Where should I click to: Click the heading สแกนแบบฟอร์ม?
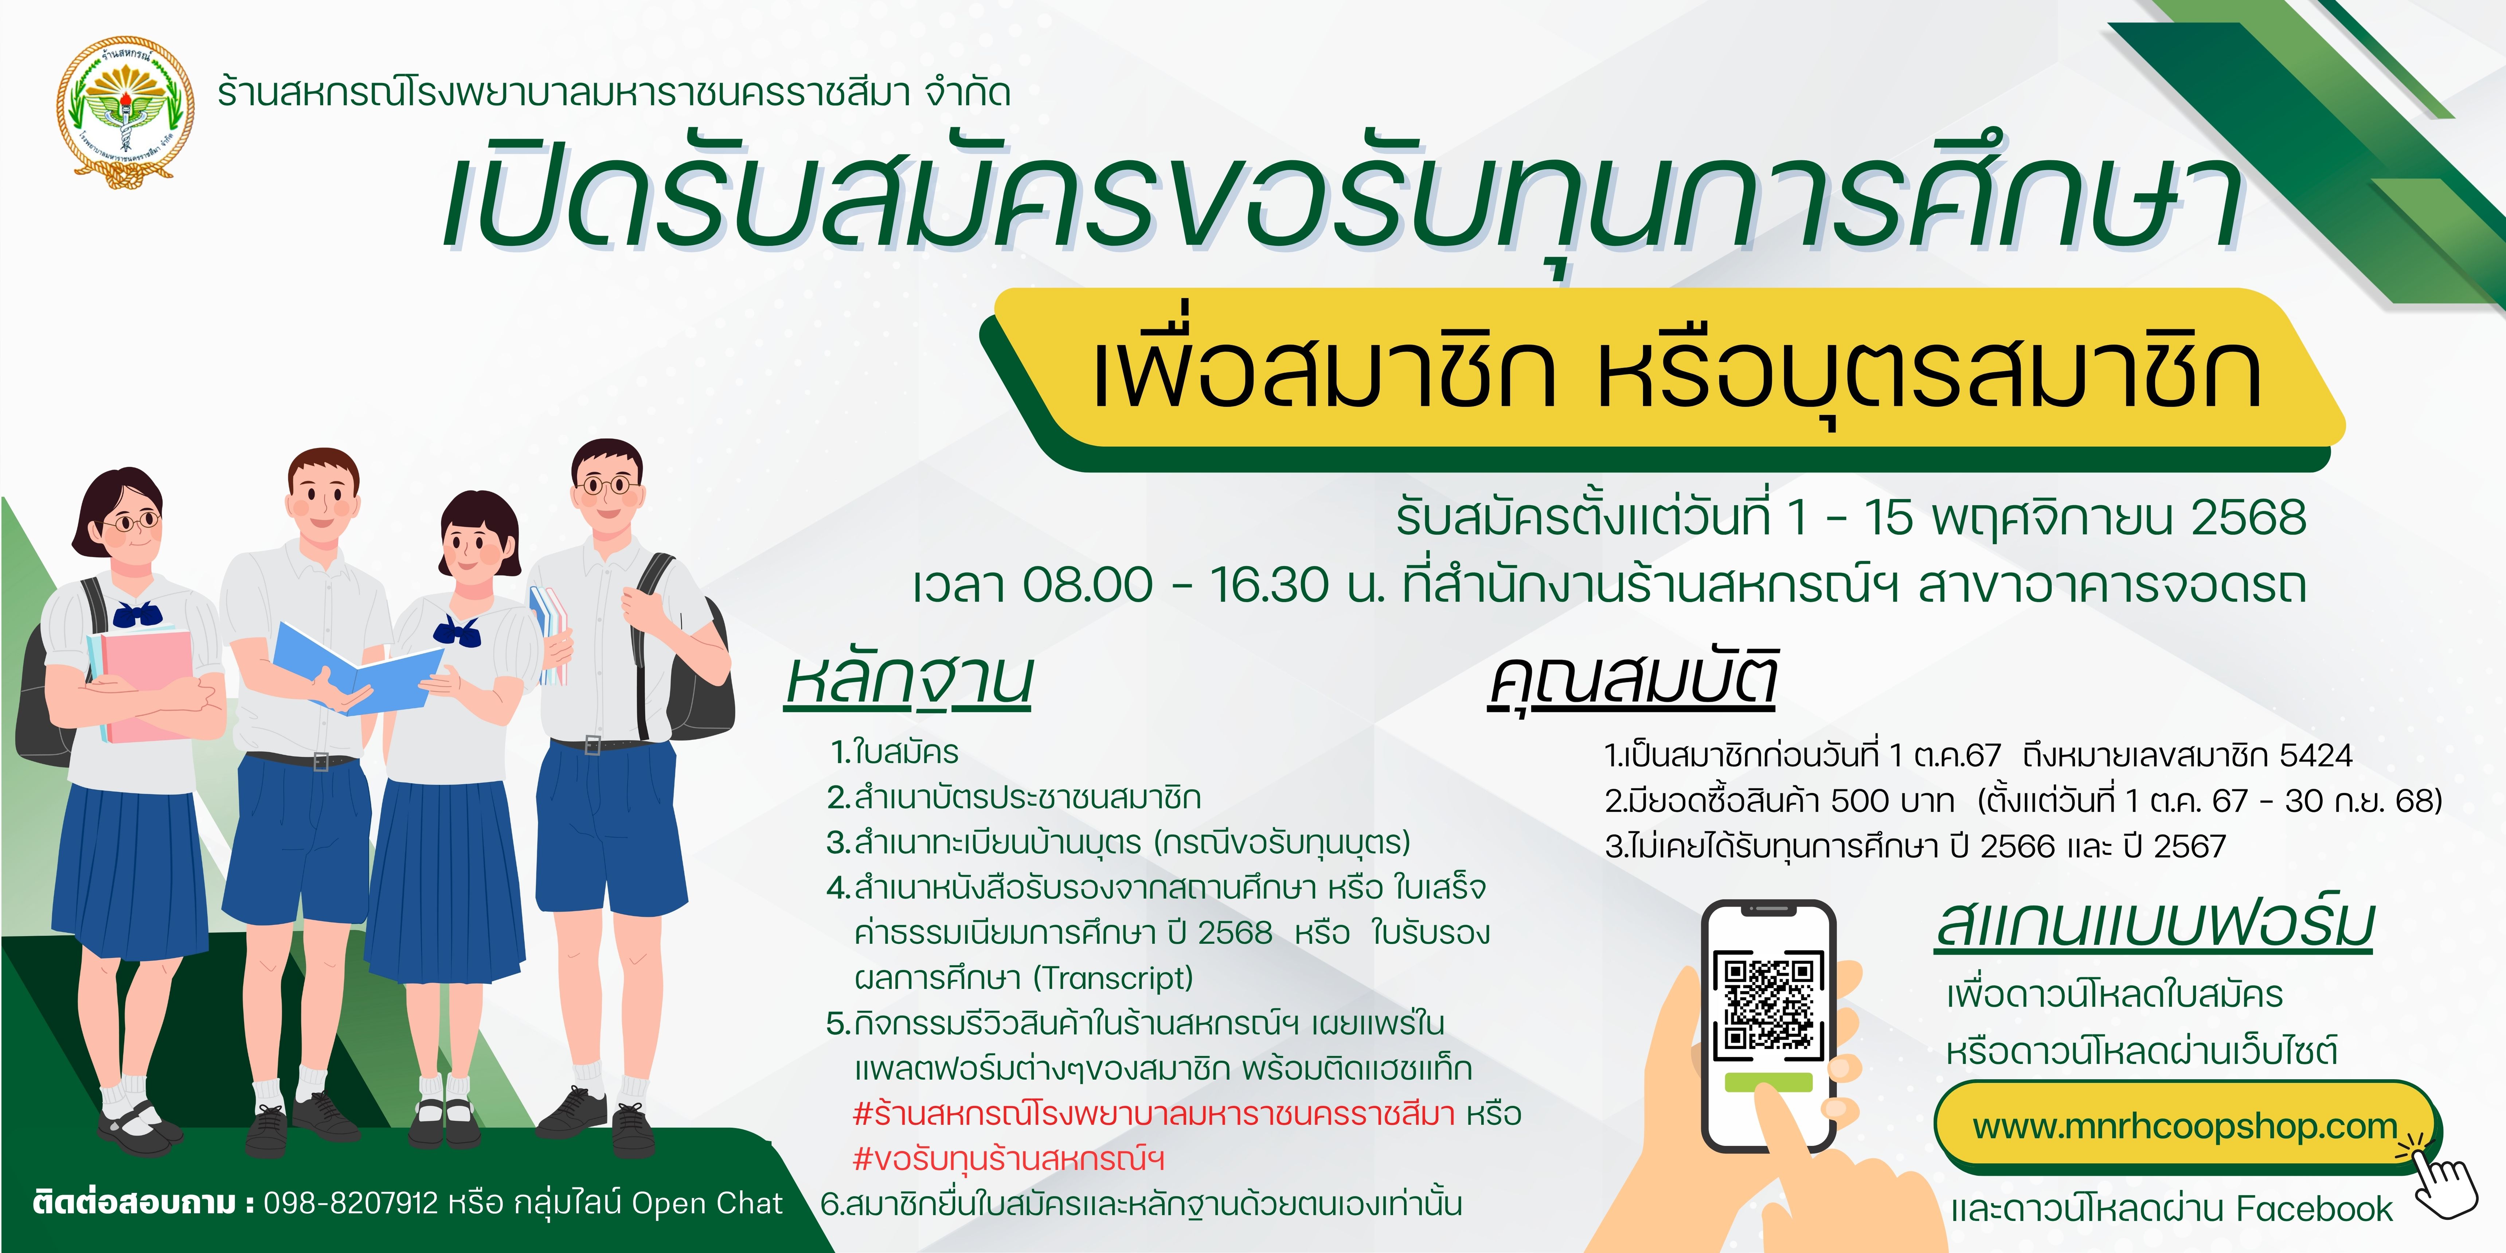pyautogui.click(x=2155, y=924)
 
